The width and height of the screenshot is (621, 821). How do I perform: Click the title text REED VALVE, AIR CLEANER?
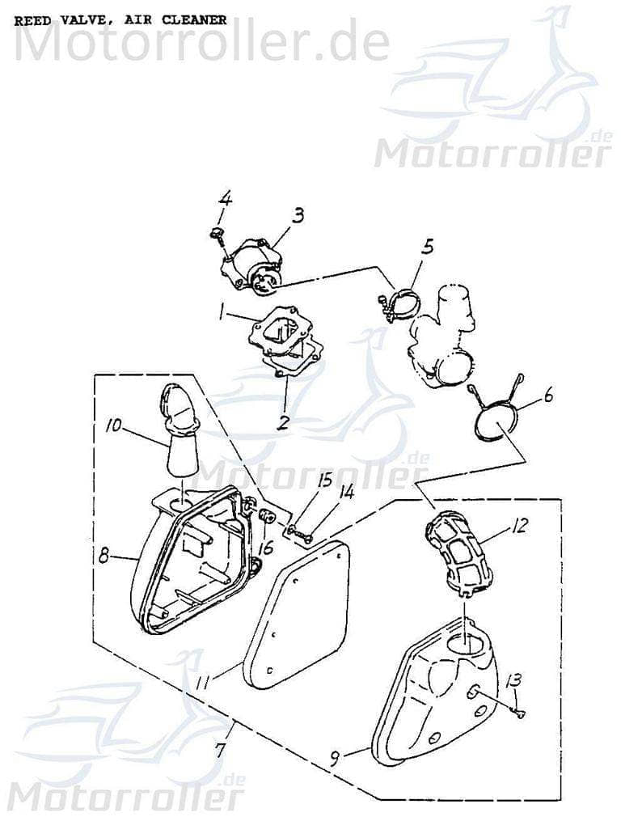tap(120, 20)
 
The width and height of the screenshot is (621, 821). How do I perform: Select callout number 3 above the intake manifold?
tap(298, 215)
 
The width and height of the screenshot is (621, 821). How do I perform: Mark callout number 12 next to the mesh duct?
tap(541, 527)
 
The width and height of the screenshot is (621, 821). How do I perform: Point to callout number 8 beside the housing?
tap(103, 557)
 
